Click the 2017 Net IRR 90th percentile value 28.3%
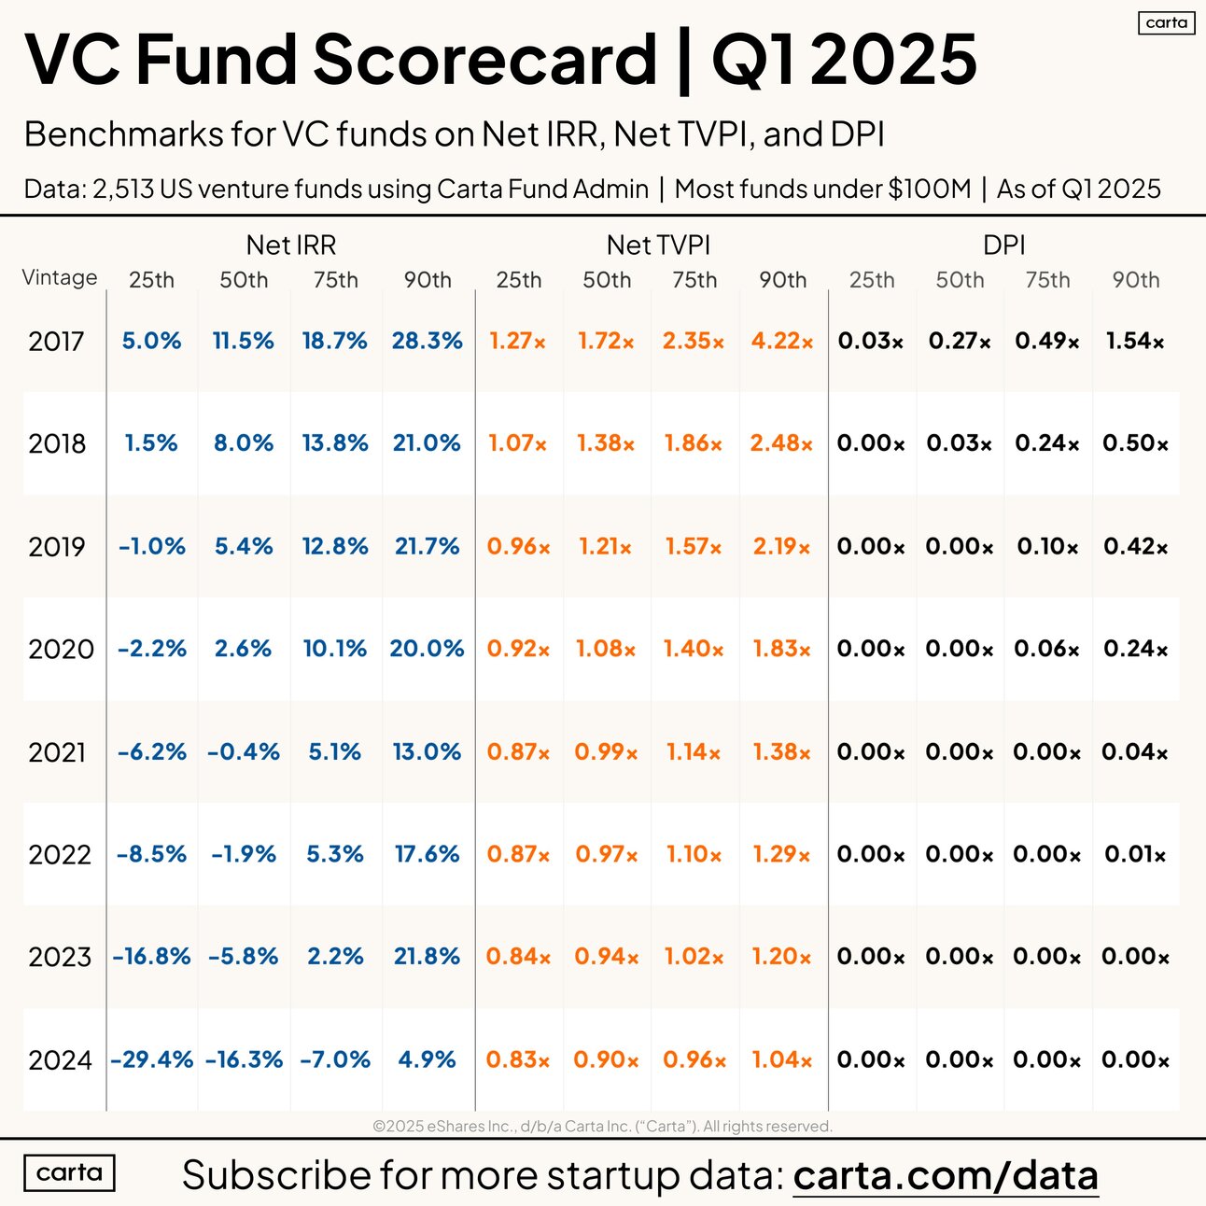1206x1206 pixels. (427, 341)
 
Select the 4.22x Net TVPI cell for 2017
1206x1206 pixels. (781, 341)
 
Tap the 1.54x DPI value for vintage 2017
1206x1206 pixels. (1134, 341)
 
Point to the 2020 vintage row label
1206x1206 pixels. (61, 649)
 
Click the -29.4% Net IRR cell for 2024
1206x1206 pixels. (151, 1059)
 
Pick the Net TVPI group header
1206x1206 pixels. (658, 245)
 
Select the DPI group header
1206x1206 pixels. (1003, 245)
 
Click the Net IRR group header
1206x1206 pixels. (290, 245)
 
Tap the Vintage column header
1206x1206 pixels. (60, 277)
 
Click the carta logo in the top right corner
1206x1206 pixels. (1166, 22)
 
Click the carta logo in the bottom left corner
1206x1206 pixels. (69, 1172)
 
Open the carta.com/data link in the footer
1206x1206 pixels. (945, 1175)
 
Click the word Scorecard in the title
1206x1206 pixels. (484, 59)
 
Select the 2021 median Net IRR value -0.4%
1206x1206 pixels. (243, 751)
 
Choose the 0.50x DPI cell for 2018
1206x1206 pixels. (1134, 443)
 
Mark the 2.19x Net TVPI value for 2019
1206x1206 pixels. (781, 546)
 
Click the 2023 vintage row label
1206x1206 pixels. (60, 957)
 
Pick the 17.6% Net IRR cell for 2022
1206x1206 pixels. (427, 854)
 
